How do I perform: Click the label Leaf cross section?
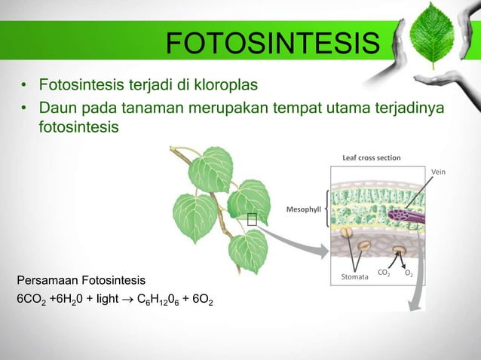pyautogui.click(x=372, y=158)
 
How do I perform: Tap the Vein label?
pyautogui.click(x=438, y=172)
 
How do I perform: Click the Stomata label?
pyautogui.click(x=355, y=277)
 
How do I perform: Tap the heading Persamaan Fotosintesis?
pyautogui.click(x=75, y=280)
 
